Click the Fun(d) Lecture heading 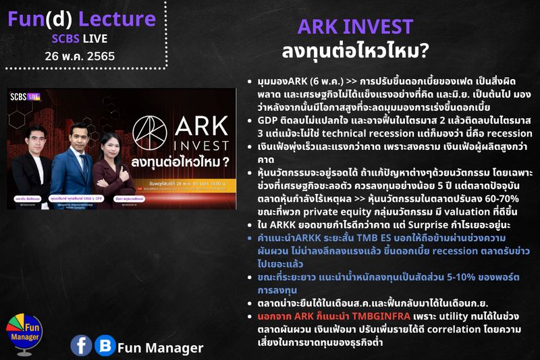[x=82, y=18]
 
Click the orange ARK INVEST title [x=354, y=27]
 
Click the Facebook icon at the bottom [x=81, y=346]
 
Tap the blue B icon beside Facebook [x=104, y=346]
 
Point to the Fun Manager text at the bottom [x=160, y=348]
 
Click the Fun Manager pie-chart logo [x=24, y=331]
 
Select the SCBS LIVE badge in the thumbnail [x=26, y=96]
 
